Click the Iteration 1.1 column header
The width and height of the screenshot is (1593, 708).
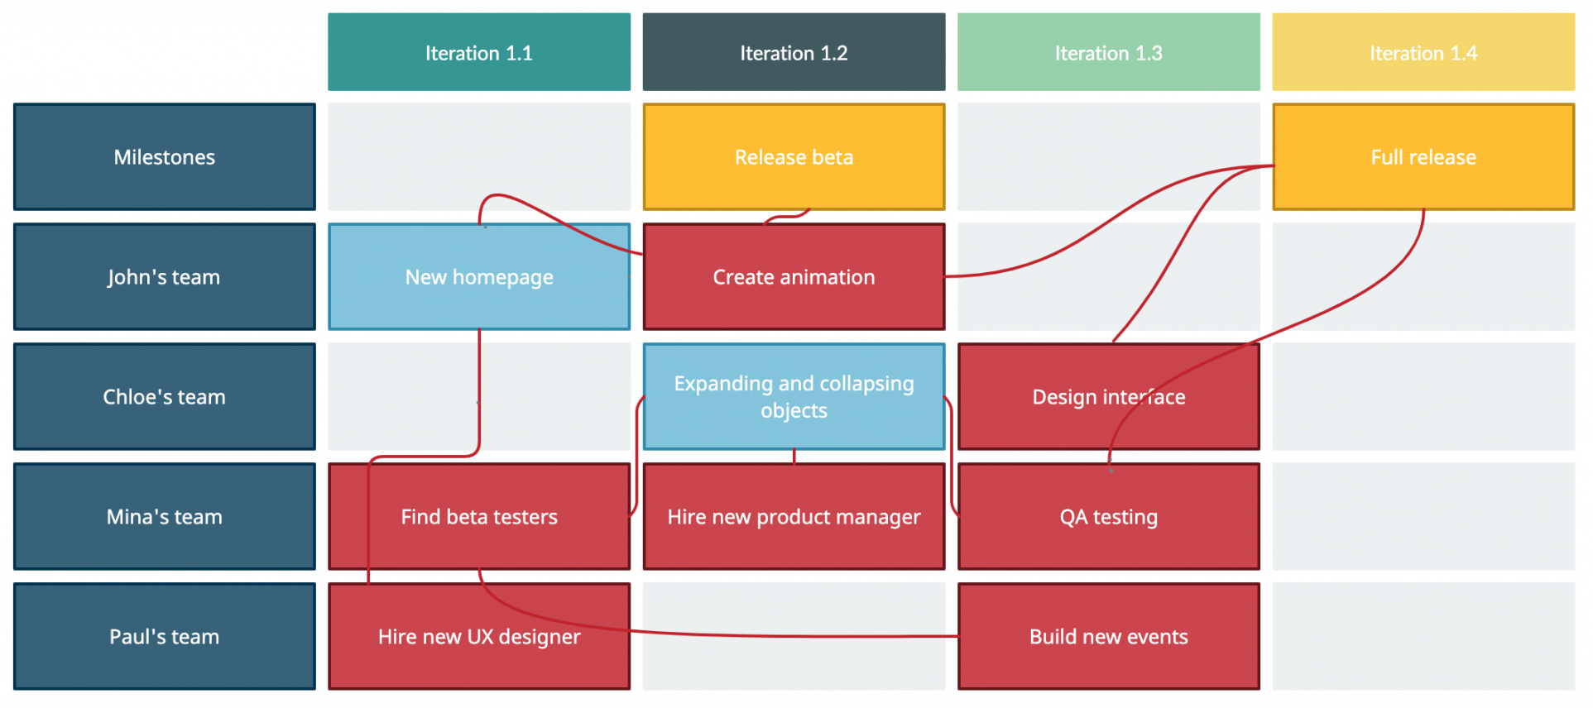(x=479, y=52)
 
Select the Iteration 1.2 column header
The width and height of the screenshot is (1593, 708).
(x=794, y=52)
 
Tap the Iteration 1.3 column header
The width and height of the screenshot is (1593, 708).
(x=1109, y=52)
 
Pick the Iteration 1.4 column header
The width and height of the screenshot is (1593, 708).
(x=1423, y=52)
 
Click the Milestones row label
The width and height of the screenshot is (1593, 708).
(x=165, y=157)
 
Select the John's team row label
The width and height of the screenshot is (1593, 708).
(x=165, y=277)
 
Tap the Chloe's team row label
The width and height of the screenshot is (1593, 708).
(x=165, y=397)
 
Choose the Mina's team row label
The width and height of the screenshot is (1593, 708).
(x=165, y=517)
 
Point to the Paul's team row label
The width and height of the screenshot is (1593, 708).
(x=165, y=637)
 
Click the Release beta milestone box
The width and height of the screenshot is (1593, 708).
(x=794, y=157)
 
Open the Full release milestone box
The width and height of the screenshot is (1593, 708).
(x=1423, y=157)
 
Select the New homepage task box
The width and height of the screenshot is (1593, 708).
(x=479, y=277)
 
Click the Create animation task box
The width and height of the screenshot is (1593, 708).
(x=794, y=277)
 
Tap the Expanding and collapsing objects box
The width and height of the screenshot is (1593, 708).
(x=794, y=397)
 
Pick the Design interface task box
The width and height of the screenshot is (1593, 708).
(x=1109, y=397)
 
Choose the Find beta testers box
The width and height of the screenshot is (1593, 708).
(x=479, y=517)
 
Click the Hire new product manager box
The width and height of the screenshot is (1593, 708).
(x=794, y=517)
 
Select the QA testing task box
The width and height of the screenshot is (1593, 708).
(x=1109, y=517)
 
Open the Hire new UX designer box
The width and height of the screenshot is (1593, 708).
(x=479, y=637)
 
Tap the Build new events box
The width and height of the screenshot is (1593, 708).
(x=1109, y=637)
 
